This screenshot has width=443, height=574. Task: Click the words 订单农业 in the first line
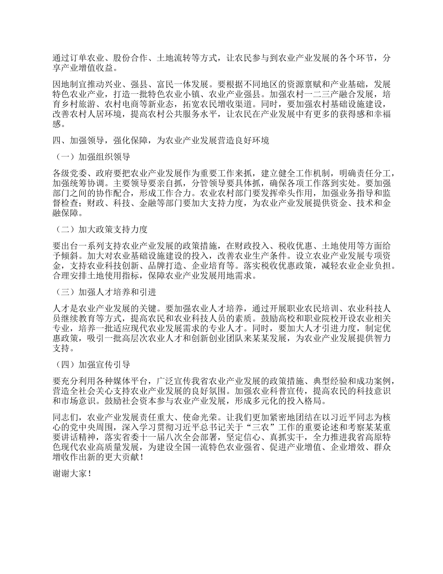point(83,59)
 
